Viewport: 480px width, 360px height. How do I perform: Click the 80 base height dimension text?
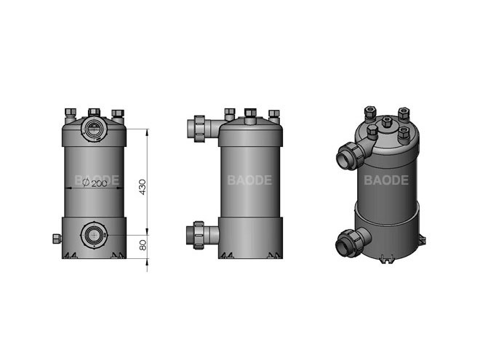[144, 246]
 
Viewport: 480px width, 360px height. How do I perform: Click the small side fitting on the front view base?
[56, 238]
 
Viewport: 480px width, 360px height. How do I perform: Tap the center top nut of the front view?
[94, 113]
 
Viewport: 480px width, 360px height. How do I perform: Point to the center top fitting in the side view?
[250, 114]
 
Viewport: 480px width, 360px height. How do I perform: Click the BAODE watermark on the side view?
[249, 180]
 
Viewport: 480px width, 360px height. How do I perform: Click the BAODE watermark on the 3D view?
[386, 179]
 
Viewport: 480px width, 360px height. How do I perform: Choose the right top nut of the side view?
[273, 113]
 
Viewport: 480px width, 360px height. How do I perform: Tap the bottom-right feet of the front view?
[117, 255]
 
